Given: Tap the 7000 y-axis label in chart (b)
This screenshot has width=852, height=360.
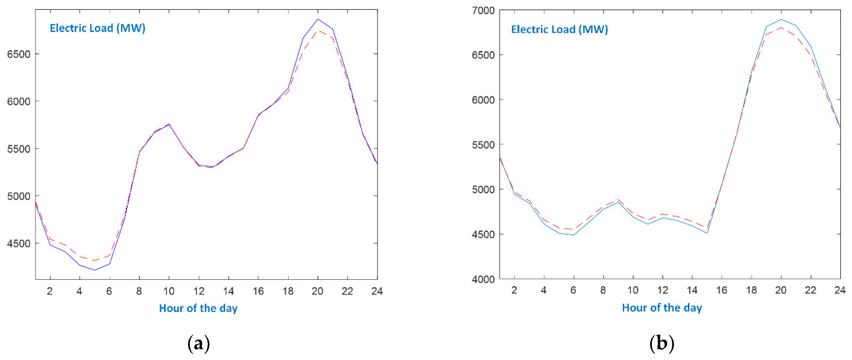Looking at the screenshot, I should coord(483,11).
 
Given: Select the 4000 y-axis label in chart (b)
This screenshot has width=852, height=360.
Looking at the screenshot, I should coord(483,279).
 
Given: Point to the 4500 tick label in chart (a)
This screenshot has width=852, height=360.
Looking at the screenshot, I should coord(18,243).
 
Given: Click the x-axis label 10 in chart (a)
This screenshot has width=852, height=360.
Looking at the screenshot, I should coord(169,291).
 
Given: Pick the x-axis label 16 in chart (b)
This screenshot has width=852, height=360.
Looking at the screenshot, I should coord(721,290).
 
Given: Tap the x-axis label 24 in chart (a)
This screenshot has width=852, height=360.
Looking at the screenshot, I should coord(377,291).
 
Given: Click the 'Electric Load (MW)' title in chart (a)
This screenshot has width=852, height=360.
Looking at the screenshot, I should coord(98,28).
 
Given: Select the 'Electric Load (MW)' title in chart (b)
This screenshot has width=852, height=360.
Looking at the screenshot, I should coord(559,30).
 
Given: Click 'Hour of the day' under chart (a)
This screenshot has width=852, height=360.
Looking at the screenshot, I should coord(198,308).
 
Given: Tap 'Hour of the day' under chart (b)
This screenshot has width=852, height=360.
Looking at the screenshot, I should coord(662,308).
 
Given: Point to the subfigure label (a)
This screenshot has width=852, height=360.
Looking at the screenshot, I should coord(198,344).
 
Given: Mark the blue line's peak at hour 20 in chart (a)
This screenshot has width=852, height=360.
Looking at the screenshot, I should coord(318,19).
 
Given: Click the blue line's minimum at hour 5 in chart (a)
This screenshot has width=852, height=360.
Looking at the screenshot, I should coord(95,270).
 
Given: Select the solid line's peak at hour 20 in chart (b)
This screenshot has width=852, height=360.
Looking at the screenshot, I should coord(781,19).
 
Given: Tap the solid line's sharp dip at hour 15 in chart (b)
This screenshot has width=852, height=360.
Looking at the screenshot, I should coord(707,233).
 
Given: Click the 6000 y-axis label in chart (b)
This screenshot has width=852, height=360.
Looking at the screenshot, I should coord(483,100).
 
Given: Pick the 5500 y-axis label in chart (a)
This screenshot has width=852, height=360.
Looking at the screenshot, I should coord(18,149).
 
